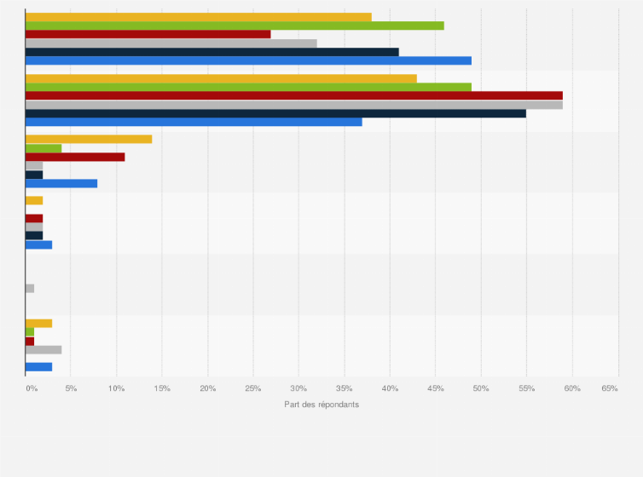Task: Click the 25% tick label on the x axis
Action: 252,388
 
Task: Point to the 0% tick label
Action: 31,388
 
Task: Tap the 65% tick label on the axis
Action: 609,388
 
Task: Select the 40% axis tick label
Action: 390,388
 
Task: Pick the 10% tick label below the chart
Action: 117,388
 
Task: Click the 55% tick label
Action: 526,388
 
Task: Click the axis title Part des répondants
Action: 321,405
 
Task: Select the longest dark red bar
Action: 293,95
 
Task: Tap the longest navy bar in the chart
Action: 275,113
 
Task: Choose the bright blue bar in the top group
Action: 248,60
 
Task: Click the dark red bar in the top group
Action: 148,34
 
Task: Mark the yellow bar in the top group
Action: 198,17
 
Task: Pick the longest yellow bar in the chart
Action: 221,78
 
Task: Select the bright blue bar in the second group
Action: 194,122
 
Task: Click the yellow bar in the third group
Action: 89,139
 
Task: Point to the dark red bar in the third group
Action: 75,158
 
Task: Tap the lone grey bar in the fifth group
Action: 30,289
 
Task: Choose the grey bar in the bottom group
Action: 43,349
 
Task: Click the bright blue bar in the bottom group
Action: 38,367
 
